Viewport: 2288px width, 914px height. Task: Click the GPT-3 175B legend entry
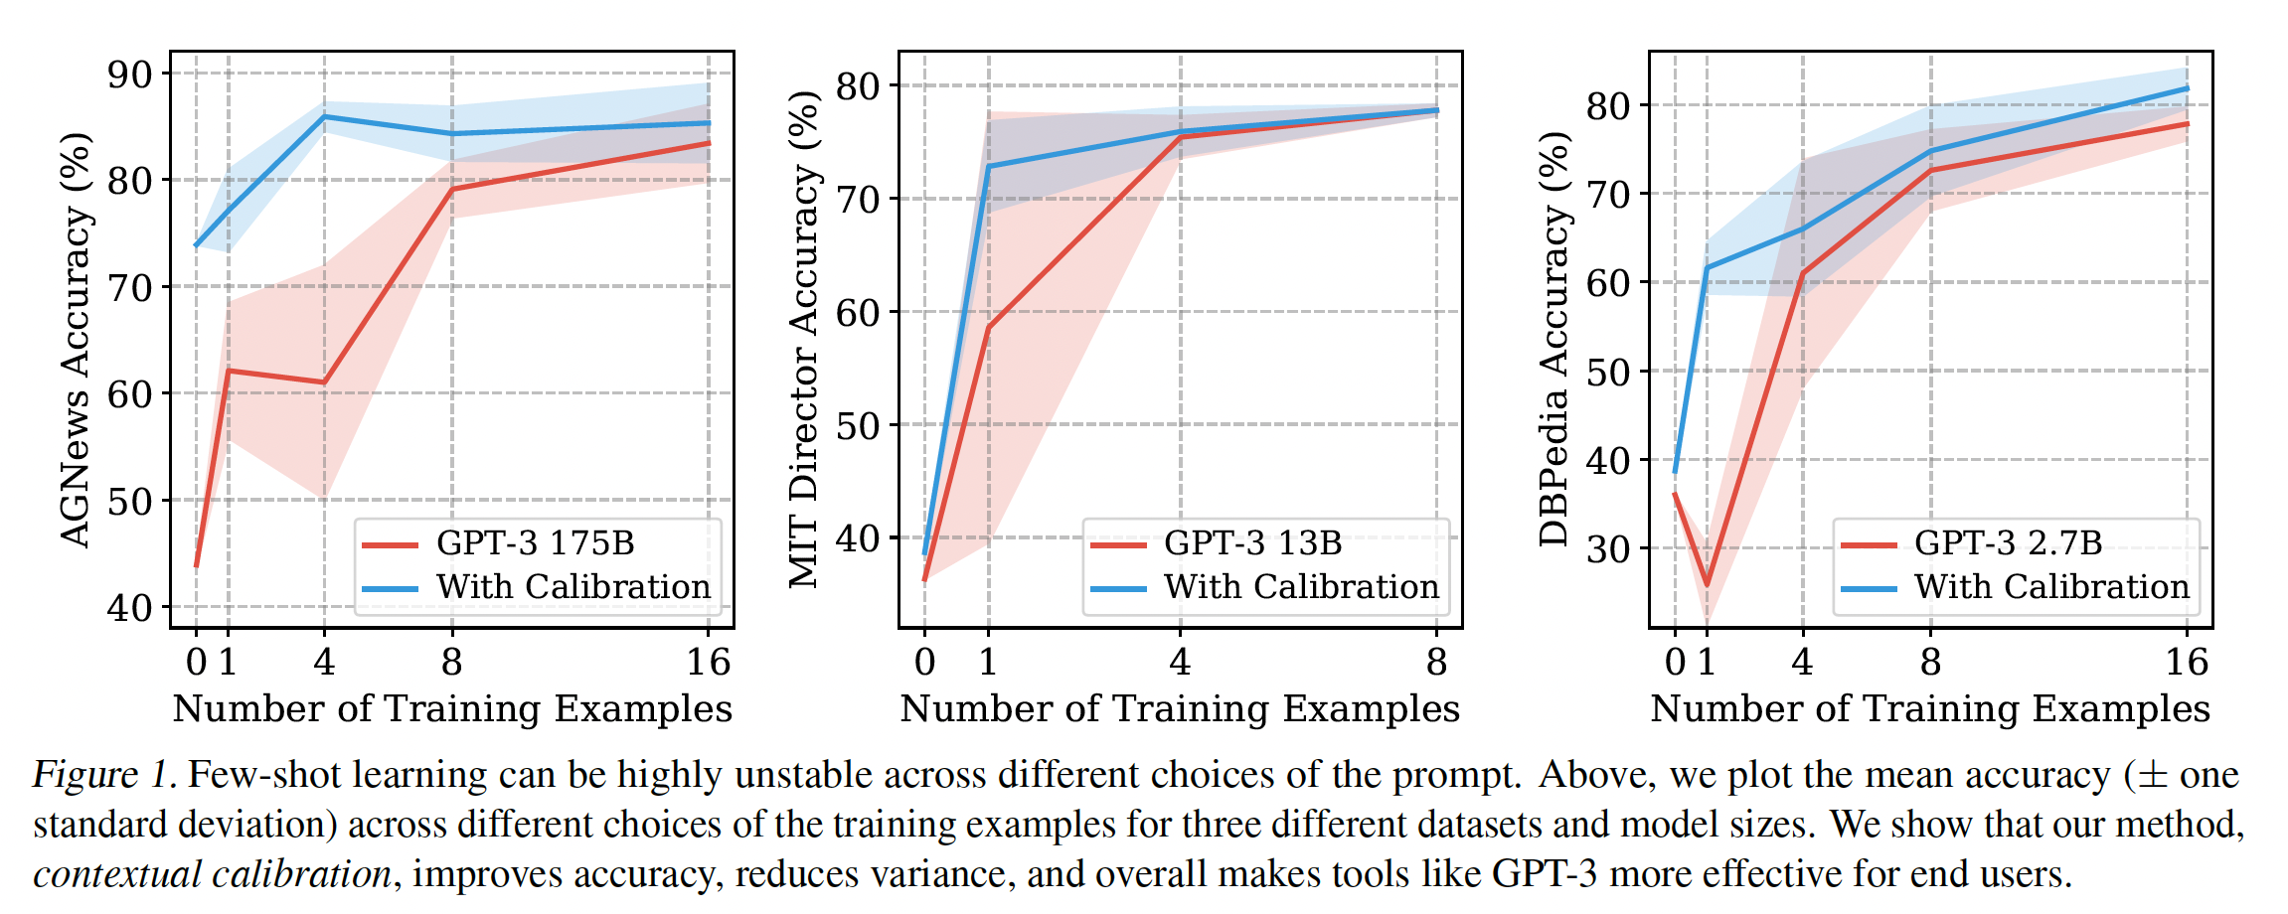[x=535, y=543]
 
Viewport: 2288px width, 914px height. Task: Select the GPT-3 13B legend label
[x=1252, y=543]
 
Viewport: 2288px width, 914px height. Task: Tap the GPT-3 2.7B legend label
[x=2008, y=543]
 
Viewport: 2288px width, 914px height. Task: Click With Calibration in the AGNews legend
[x=573, y=587]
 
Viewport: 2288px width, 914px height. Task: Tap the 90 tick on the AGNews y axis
[x=129, y=75]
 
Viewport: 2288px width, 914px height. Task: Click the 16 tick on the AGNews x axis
[x=708, y=663]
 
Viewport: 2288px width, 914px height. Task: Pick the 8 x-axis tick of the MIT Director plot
[x=1436, y=663]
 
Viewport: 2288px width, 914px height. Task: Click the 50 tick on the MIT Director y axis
[x=858, y=426]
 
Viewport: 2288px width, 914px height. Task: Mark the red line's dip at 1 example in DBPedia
[x=1708, y=585]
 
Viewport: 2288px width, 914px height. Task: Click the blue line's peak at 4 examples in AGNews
[x=324, y=116]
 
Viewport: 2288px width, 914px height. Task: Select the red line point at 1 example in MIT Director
[x=988, y=327]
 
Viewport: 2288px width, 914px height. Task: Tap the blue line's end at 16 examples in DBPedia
[x=2187, y=88]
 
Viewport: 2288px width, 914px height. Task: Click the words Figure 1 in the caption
[x=104, y=775]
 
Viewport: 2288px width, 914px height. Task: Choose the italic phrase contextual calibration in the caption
[x=212, y=874]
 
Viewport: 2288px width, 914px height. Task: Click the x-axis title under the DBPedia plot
[x=1930, y=709]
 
